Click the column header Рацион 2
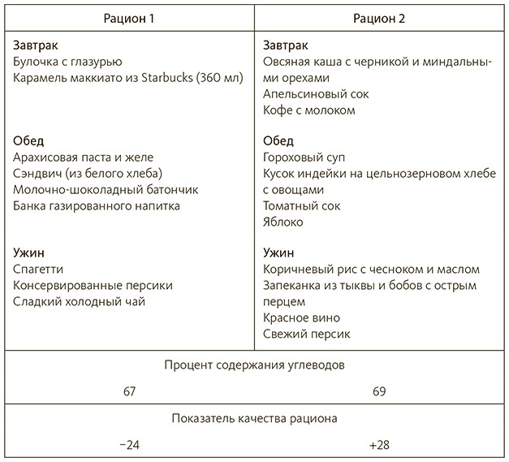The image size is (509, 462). pos(379,18)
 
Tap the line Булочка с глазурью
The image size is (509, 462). pos(68,61)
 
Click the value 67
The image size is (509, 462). pos(129,391)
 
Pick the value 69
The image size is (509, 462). pos(379,391)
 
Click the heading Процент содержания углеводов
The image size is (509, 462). pos(254,365)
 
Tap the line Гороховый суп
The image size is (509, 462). pos(300,157)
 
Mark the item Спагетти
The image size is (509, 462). pos(39,269)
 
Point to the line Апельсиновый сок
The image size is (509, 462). pos(310,93)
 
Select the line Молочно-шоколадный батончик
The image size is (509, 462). pos(94,189)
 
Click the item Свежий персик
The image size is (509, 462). pos(304,333)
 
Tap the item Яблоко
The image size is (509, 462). pos(283,221)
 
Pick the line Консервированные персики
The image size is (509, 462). pos(93,285)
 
